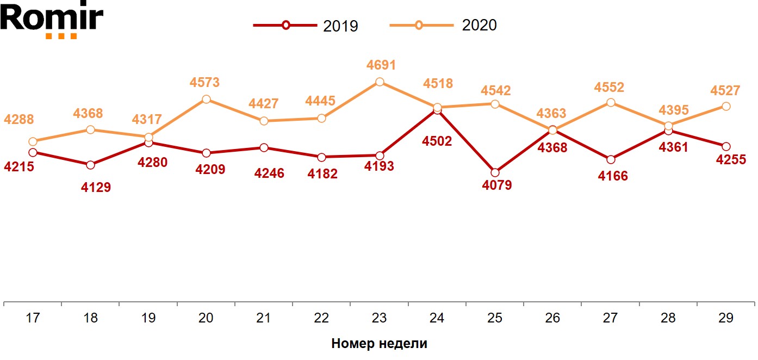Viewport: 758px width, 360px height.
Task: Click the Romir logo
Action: click(52, 20)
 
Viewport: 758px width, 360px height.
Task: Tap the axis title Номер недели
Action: click(379, 344)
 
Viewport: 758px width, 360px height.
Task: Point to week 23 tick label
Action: click(379, 318)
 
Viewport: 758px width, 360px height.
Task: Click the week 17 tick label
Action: click(33, 318)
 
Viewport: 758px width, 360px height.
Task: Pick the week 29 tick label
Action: click(725, 318)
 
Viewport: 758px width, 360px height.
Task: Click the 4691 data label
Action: click(380, 65)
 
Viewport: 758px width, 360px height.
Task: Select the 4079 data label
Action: click(497, 185)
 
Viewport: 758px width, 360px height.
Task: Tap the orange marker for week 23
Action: click(380, 82)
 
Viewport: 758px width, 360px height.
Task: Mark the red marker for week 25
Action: click(495, 172)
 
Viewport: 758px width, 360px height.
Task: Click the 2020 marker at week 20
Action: click(206, 100)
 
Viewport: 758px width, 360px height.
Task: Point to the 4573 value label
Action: click(204, 83)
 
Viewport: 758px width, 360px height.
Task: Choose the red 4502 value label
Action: click(437, 141)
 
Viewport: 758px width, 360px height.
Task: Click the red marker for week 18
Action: click(90, 165)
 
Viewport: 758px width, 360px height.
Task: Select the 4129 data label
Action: click(96, 188)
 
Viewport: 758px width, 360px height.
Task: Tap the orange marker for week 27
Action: click(611, 102)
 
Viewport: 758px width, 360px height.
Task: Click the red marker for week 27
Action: click(611, 159)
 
